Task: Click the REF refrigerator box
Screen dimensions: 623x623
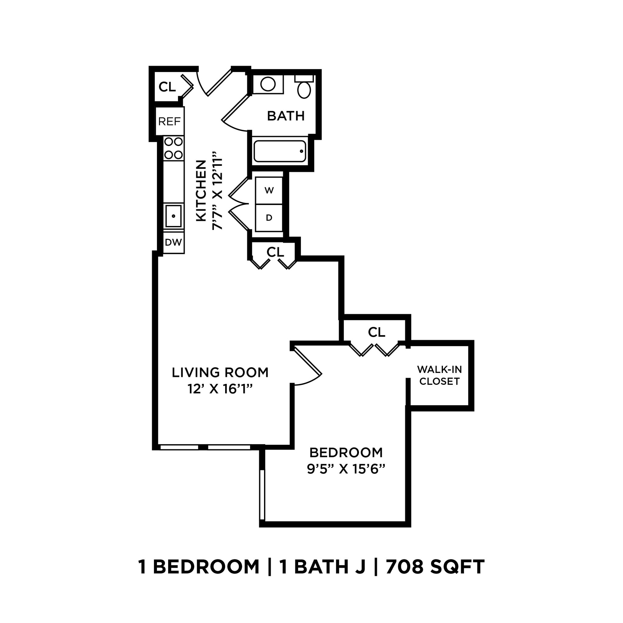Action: point(170,121)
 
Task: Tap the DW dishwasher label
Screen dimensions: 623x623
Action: point(173,242)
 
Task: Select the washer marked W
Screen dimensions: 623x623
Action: point(269,190)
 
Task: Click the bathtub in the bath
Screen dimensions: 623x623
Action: point(280,151)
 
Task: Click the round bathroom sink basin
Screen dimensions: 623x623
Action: point(268,84)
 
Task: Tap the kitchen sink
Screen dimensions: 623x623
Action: point(173,216)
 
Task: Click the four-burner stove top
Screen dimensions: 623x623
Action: point(173,148)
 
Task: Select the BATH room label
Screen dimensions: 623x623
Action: point(286,116)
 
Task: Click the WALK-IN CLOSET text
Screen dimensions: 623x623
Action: point(439,375)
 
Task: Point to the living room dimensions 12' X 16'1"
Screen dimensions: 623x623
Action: point(220,389)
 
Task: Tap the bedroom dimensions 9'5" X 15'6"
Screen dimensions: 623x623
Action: point(346,469)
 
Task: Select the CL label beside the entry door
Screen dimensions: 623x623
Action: point(167,87)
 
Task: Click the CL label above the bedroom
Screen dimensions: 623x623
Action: point(376,332)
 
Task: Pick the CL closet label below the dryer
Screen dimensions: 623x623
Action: point(275,252)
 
